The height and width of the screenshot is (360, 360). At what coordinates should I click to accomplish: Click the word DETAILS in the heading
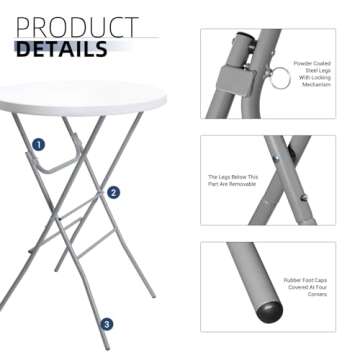coord(63,48)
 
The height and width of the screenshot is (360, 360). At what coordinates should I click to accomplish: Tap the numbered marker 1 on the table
coord(37,145)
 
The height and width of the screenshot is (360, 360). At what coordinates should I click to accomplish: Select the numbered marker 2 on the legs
coord(113,192)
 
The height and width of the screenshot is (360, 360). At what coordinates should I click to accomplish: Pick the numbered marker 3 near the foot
coord(107,323)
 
